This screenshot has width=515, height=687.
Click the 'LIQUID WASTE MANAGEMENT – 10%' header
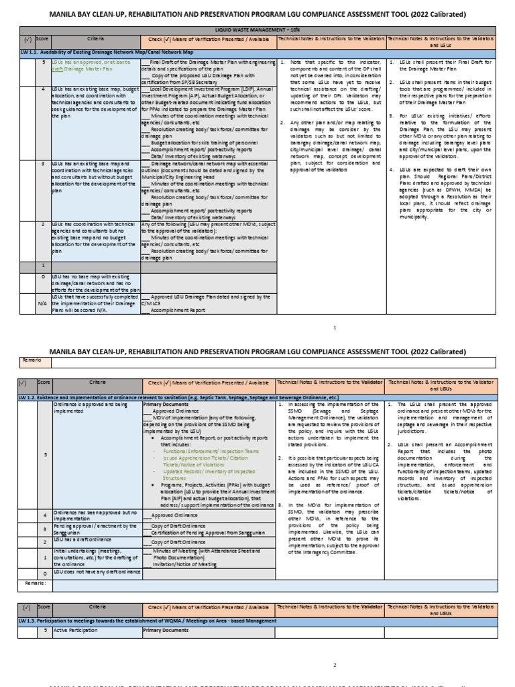point(257,31)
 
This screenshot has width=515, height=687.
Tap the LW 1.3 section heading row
point(168,621)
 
